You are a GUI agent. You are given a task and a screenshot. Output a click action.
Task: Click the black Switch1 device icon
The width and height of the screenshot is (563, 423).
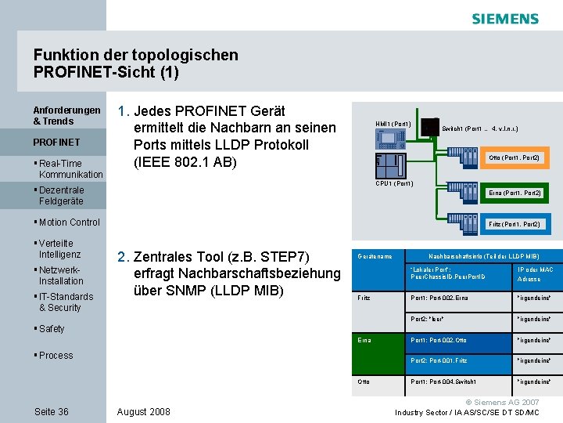click(429, 128)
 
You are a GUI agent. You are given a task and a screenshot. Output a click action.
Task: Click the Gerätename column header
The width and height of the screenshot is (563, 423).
click(374, 256)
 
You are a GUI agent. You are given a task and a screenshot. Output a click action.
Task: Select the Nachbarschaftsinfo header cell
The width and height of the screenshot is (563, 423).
click(482, 256)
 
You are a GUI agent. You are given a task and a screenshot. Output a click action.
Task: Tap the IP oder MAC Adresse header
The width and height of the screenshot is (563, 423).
click(536, 274)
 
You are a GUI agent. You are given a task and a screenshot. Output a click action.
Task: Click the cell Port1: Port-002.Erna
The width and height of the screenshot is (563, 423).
click(439, 298)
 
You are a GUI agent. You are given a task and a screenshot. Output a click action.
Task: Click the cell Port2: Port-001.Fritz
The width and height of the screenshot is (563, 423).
click(439, 360)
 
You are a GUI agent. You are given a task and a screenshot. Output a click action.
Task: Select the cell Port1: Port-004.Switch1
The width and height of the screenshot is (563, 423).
click(443, 381)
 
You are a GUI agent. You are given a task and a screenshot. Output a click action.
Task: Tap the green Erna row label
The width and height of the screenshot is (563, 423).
click(364, 340)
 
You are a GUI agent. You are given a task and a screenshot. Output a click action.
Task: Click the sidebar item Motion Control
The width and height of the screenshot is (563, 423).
click(69, 222)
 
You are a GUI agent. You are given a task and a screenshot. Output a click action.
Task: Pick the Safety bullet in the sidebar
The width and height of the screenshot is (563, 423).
click(51, 329)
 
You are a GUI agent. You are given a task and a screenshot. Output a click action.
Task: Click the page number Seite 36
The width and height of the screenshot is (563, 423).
click(52, 411)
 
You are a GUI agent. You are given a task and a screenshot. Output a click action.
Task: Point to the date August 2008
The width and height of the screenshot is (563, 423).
click(143, 411)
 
